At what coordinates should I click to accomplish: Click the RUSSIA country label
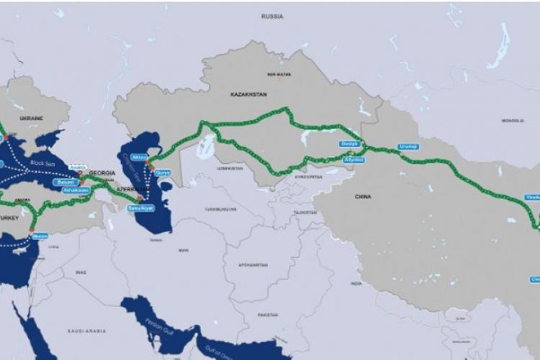[272, 15]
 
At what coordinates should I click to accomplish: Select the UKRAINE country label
[32, 117]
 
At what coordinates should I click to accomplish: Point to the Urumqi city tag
[408, 147]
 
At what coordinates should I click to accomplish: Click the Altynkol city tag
[354, 160]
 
